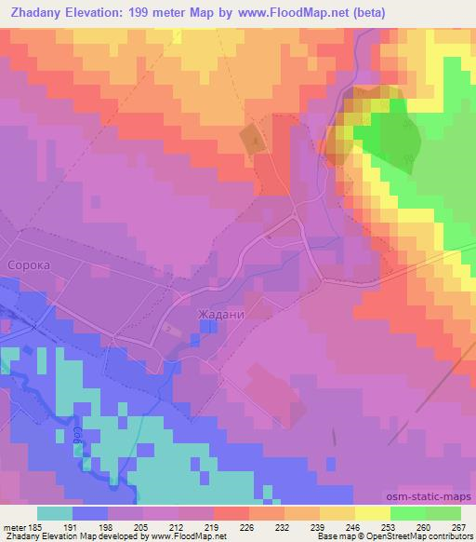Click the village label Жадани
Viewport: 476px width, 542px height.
click(x=221, y=315)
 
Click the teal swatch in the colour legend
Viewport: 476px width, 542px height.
click(x=54, y=512)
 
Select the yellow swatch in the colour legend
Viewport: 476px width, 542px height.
click(x=373, y=512)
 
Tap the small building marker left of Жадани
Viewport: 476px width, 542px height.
click(x=168, y=328)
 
